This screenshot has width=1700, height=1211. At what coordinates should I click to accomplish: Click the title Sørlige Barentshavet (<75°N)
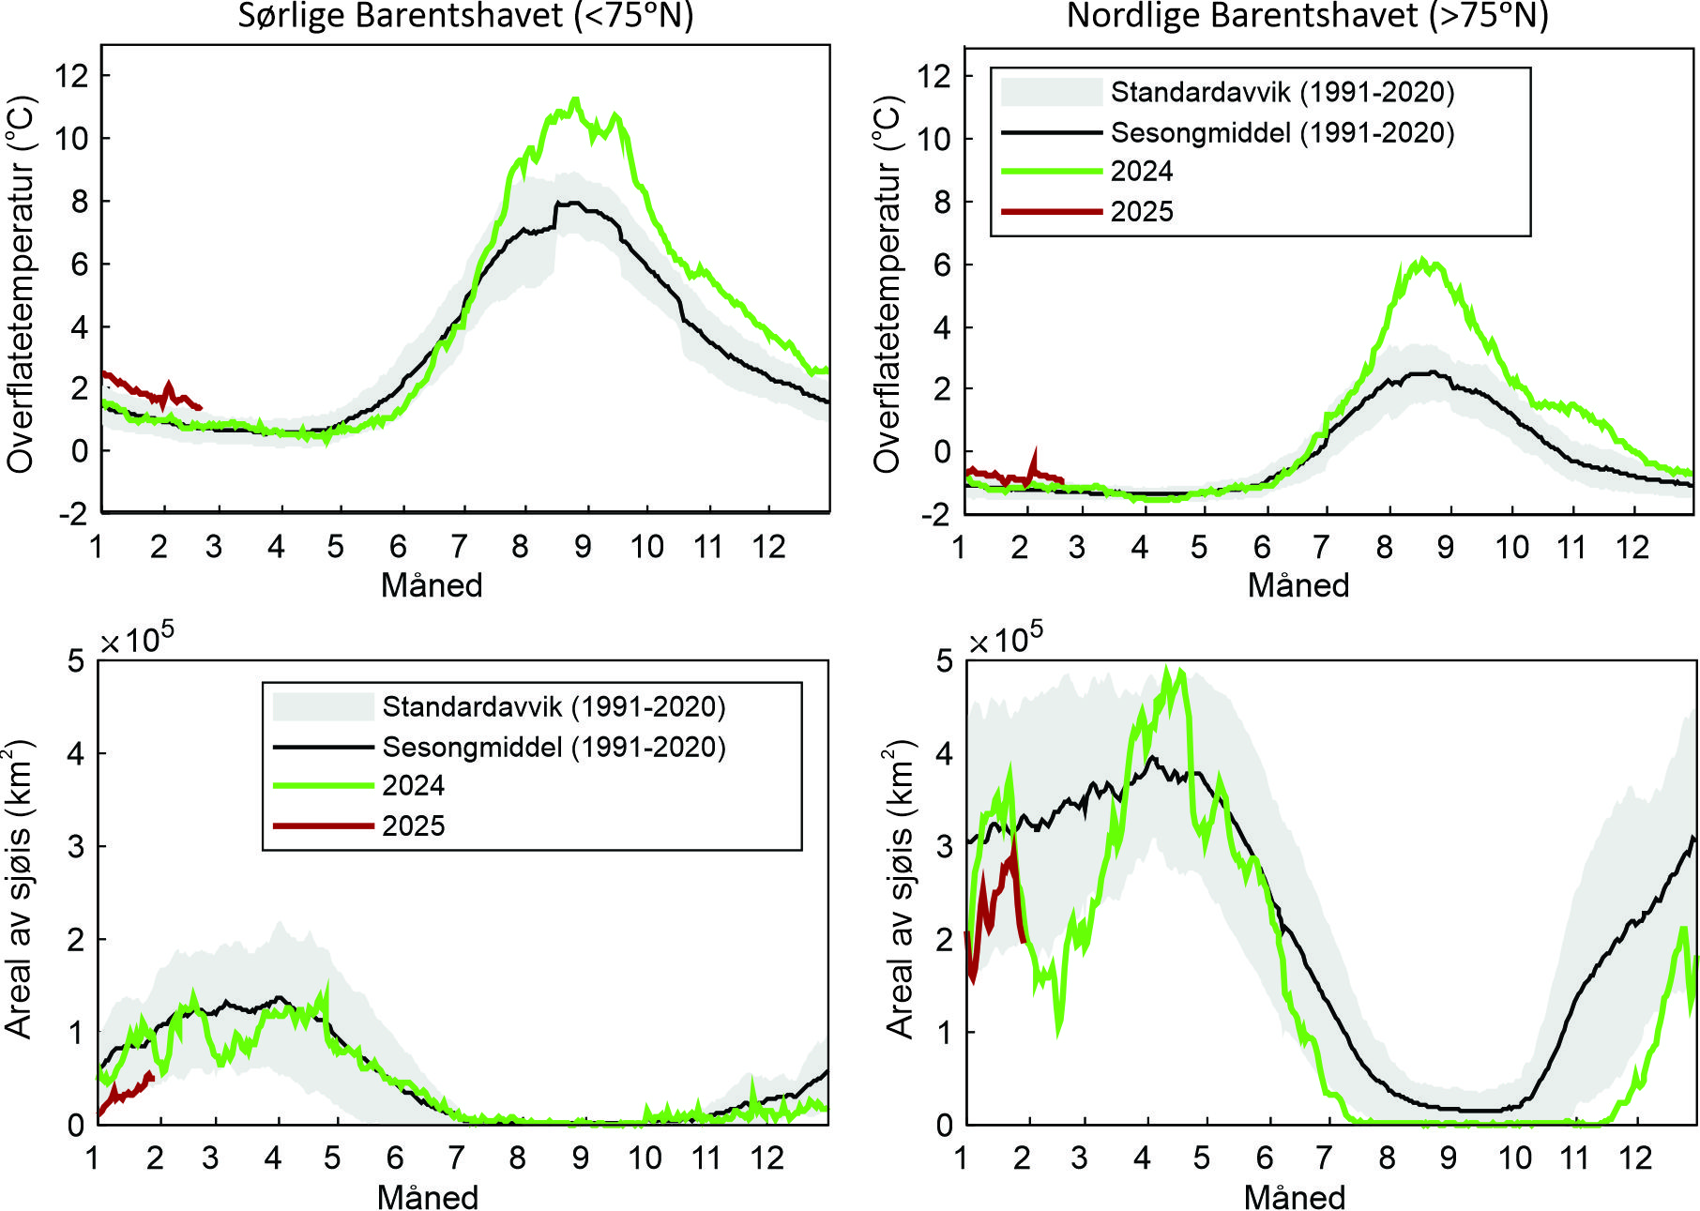click(x=465, y=16)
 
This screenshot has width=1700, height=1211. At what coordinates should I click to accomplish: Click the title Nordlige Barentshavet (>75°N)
click(x=1307, y=16)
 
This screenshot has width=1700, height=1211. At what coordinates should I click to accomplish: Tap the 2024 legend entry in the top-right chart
click(x=1141, y=172)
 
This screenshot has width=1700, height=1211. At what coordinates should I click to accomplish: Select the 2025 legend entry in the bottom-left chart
click(x=413, y=826)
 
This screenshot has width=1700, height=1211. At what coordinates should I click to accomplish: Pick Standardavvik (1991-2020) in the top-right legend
click(x=1282, y=92)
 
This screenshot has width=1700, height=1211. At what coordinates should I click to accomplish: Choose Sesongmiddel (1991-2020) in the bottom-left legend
click(x=554, y=747)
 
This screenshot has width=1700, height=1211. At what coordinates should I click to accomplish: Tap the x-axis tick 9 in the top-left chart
click(x=583, y=547)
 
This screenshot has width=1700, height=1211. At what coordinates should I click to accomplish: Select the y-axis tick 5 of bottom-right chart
click(x=944, y=661)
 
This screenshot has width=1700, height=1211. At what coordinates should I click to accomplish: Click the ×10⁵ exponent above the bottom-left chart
click(x=137, y=641)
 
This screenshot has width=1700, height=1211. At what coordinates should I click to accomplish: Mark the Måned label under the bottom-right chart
click(x=1295, y=1198)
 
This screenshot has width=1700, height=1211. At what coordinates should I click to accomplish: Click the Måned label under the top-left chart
click(x=432, y=585)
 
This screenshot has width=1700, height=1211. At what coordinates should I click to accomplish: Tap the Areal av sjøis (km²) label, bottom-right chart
click(x=900, y=889)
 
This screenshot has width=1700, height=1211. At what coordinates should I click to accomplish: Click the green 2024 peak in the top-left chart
click(x=575, y=99)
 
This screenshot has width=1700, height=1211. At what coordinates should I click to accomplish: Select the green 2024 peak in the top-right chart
click(x=1422, y=260)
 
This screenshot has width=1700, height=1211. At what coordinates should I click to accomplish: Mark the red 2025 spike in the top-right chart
click(x=1036, y=451)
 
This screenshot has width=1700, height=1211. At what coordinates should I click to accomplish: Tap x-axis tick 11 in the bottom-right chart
click(x=1574, y=1158)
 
